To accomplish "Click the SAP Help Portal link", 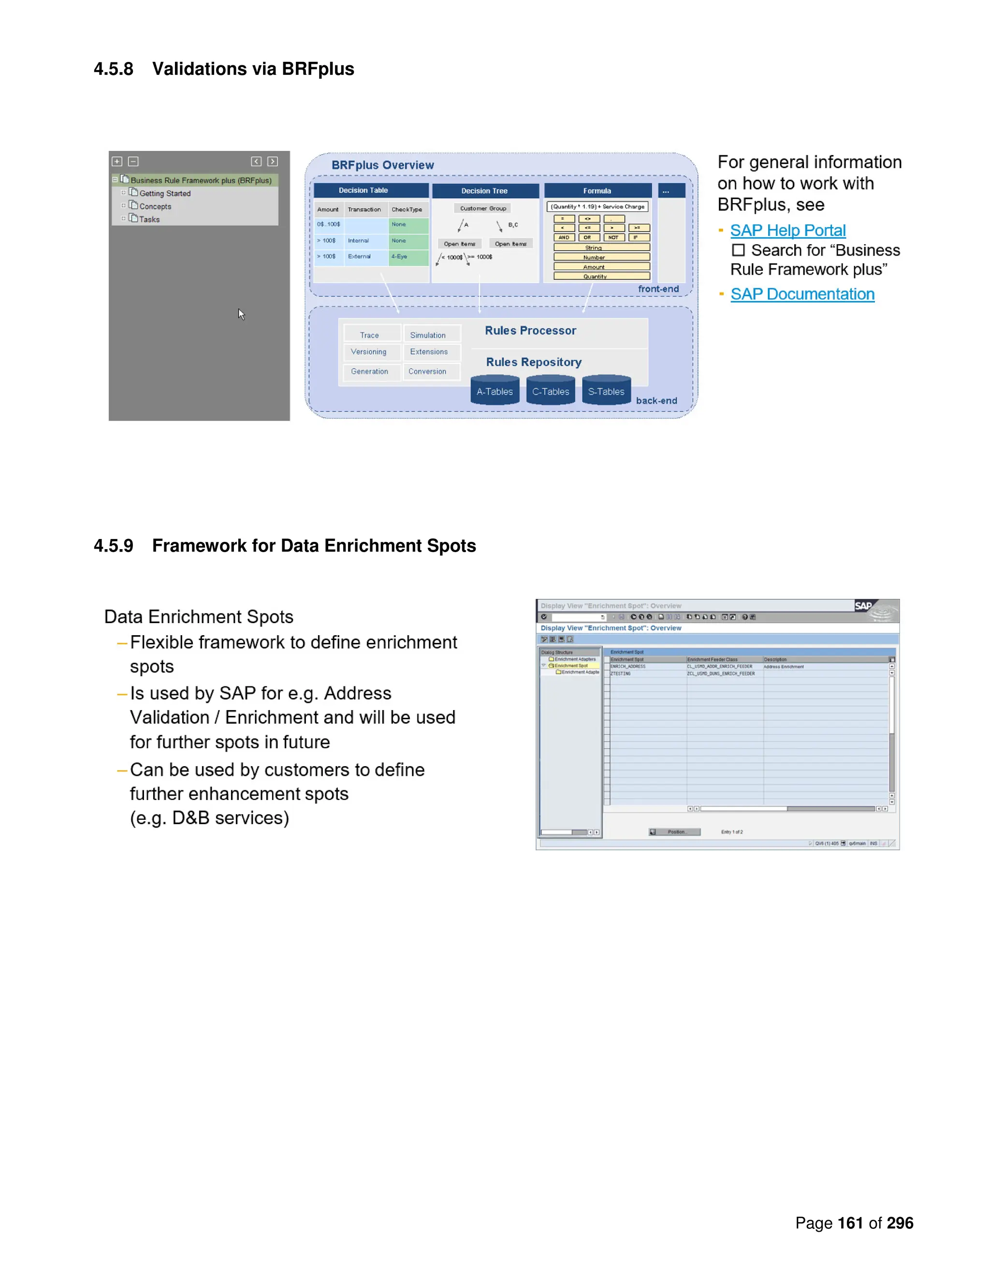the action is point(787,231).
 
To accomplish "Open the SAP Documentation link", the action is point(802,294).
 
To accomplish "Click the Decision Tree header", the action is point(484,190).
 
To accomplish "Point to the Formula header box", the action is point(597,190).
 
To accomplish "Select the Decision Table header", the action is point(364,190).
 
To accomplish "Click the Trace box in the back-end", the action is point(369,335).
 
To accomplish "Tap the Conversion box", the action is point(427,371).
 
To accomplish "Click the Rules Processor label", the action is point(530,331).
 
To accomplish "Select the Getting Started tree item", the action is point(165,193).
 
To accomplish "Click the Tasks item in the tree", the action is point(149,219).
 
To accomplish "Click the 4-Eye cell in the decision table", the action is point(400,256).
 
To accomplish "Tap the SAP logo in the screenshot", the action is point(863,606).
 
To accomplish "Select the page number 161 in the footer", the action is point(850,1223).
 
